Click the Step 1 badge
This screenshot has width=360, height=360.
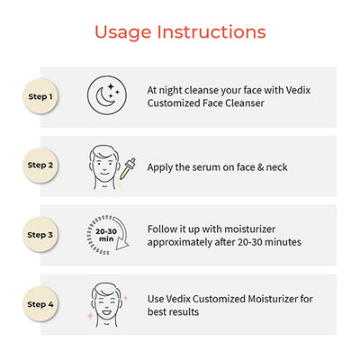point(40,96)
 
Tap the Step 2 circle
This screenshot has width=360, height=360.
point(40,166)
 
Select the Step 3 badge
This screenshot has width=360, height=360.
point(40,235)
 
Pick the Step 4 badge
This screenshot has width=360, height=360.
point(40,304)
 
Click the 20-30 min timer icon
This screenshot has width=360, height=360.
point(108,235)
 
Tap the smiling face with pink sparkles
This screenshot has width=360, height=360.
point(108,304)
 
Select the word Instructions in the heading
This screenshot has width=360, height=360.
point(211,31)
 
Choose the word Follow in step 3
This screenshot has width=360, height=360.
point(162,229)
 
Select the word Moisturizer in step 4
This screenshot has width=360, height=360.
point(273,299)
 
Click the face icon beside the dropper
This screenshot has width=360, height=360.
point(103,167)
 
